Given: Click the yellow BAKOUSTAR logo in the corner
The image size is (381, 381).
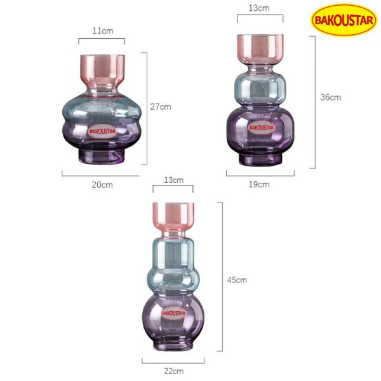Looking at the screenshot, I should [x=344, y=20].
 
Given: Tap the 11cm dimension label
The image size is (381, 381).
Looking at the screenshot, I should [x=102, y=30].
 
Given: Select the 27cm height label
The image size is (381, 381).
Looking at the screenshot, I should [x=161, y=107].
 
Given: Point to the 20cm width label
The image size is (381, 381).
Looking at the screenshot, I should [x=102, y=185].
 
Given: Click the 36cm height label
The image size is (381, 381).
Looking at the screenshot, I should [x=330, y=97].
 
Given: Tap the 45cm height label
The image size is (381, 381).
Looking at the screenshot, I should [x=237, y=279].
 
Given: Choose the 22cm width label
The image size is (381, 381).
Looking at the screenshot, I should [x=173, y=371].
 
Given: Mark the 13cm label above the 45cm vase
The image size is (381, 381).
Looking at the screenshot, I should [x=173, y=180].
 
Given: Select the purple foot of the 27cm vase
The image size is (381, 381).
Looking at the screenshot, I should [x=102, y=156].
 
